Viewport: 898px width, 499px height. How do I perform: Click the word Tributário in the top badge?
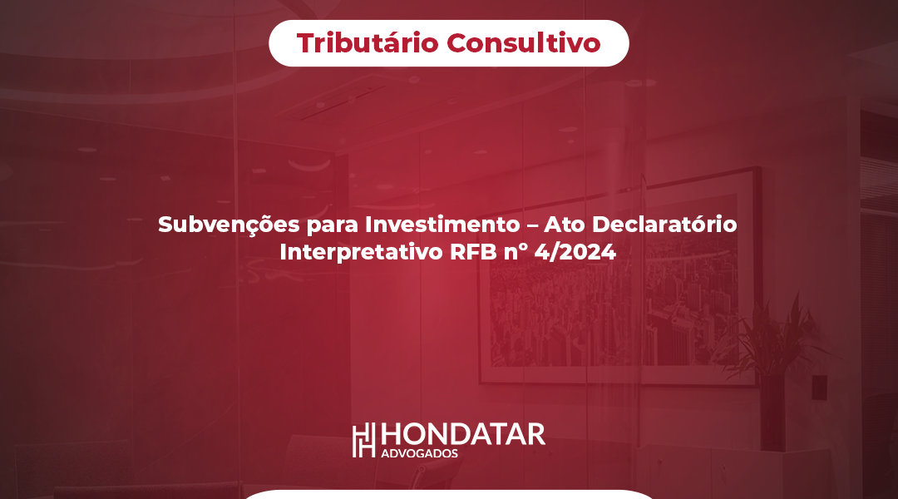tap(368, 43)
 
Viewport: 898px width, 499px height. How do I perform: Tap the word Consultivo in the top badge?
tap(524, 43)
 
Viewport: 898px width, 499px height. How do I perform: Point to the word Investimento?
tap(442, 224)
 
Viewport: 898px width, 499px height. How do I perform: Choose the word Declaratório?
tap(664, 224)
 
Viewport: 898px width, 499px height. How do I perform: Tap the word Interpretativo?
tap(361, 252)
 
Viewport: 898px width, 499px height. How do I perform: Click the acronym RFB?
tap(473, 252)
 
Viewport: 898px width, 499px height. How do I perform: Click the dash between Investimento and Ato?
tap(532, 225)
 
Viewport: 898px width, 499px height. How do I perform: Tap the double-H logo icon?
tap(363, 440)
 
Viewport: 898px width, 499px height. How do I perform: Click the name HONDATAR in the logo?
tap(463, 435)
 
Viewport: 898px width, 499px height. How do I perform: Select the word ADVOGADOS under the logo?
tap(419, 454)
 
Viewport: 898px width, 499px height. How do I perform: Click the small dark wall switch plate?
tap(820, 387)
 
